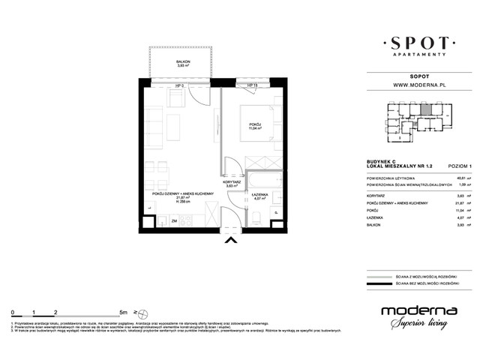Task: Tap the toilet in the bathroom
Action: pos(257,217)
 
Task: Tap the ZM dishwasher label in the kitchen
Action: pos(174,221)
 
